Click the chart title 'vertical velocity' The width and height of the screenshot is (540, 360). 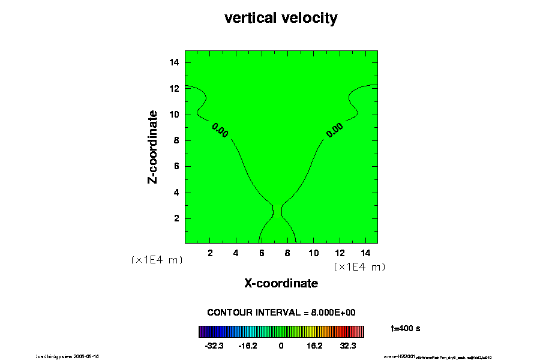281,18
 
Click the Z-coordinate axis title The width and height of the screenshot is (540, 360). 153,146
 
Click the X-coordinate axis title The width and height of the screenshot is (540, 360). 281,283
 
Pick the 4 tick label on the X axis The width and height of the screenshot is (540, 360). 236,253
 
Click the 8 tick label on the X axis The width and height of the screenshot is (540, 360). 287,253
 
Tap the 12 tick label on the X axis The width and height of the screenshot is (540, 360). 339,253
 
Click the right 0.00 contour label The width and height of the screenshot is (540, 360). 334,128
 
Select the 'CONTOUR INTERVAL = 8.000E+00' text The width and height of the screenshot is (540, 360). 281,313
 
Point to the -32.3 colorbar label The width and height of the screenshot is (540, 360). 214,346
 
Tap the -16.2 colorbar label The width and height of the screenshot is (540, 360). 248,346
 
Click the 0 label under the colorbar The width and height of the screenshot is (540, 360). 281,346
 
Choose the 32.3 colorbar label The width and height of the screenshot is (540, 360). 348,346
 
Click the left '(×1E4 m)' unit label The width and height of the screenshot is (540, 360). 157,260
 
